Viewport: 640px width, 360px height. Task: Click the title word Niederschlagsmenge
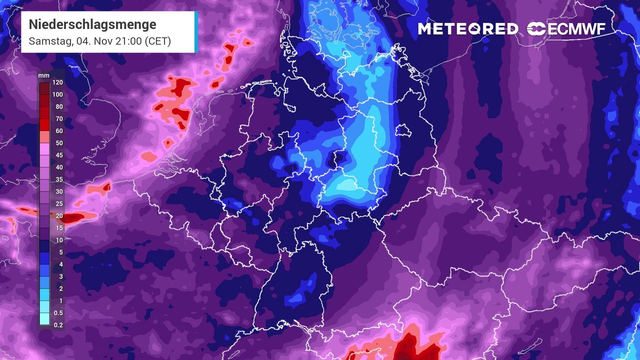(92, 24)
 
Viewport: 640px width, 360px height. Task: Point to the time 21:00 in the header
(128, 41)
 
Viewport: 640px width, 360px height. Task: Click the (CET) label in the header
(157, 41)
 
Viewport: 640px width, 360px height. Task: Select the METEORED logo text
(468, 29)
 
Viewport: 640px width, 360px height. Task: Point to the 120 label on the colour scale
(57, 83)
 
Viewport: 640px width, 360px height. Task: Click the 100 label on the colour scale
(57, 95)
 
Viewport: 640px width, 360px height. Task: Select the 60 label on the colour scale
(59, 131)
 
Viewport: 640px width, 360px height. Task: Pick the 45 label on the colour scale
(59, 155)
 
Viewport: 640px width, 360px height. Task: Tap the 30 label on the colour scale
(59, 192)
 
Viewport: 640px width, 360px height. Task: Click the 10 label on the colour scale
(59, 240)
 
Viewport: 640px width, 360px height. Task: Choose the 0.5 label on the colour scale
(58, 313)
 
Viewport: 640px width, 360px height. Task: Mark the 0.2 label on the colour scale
(58, 325)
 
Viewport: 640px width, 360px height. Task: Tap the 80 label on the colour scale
(59, 107)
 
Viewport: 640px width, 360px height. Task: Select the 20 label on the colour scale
(59, 216)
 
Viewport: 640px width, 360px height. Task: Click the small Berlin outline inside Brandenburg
(402, 131)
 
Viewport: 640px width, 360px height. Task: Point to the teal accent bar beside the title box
(195, 32)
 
